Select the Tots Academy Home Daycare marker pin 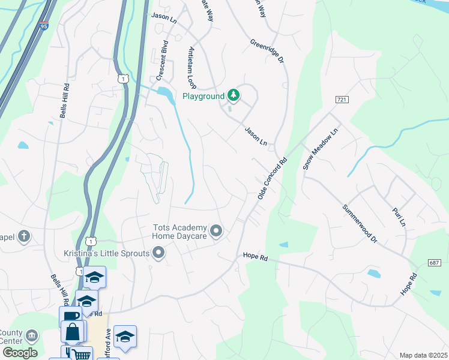coord(216,230)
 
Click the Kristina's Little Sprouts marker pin coord(158,253)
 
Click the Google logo coord(19,353)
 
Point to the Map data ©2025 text coord(423,355)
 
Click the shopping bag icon coord(73,332)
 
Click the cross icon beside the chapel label coord(23,236)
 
